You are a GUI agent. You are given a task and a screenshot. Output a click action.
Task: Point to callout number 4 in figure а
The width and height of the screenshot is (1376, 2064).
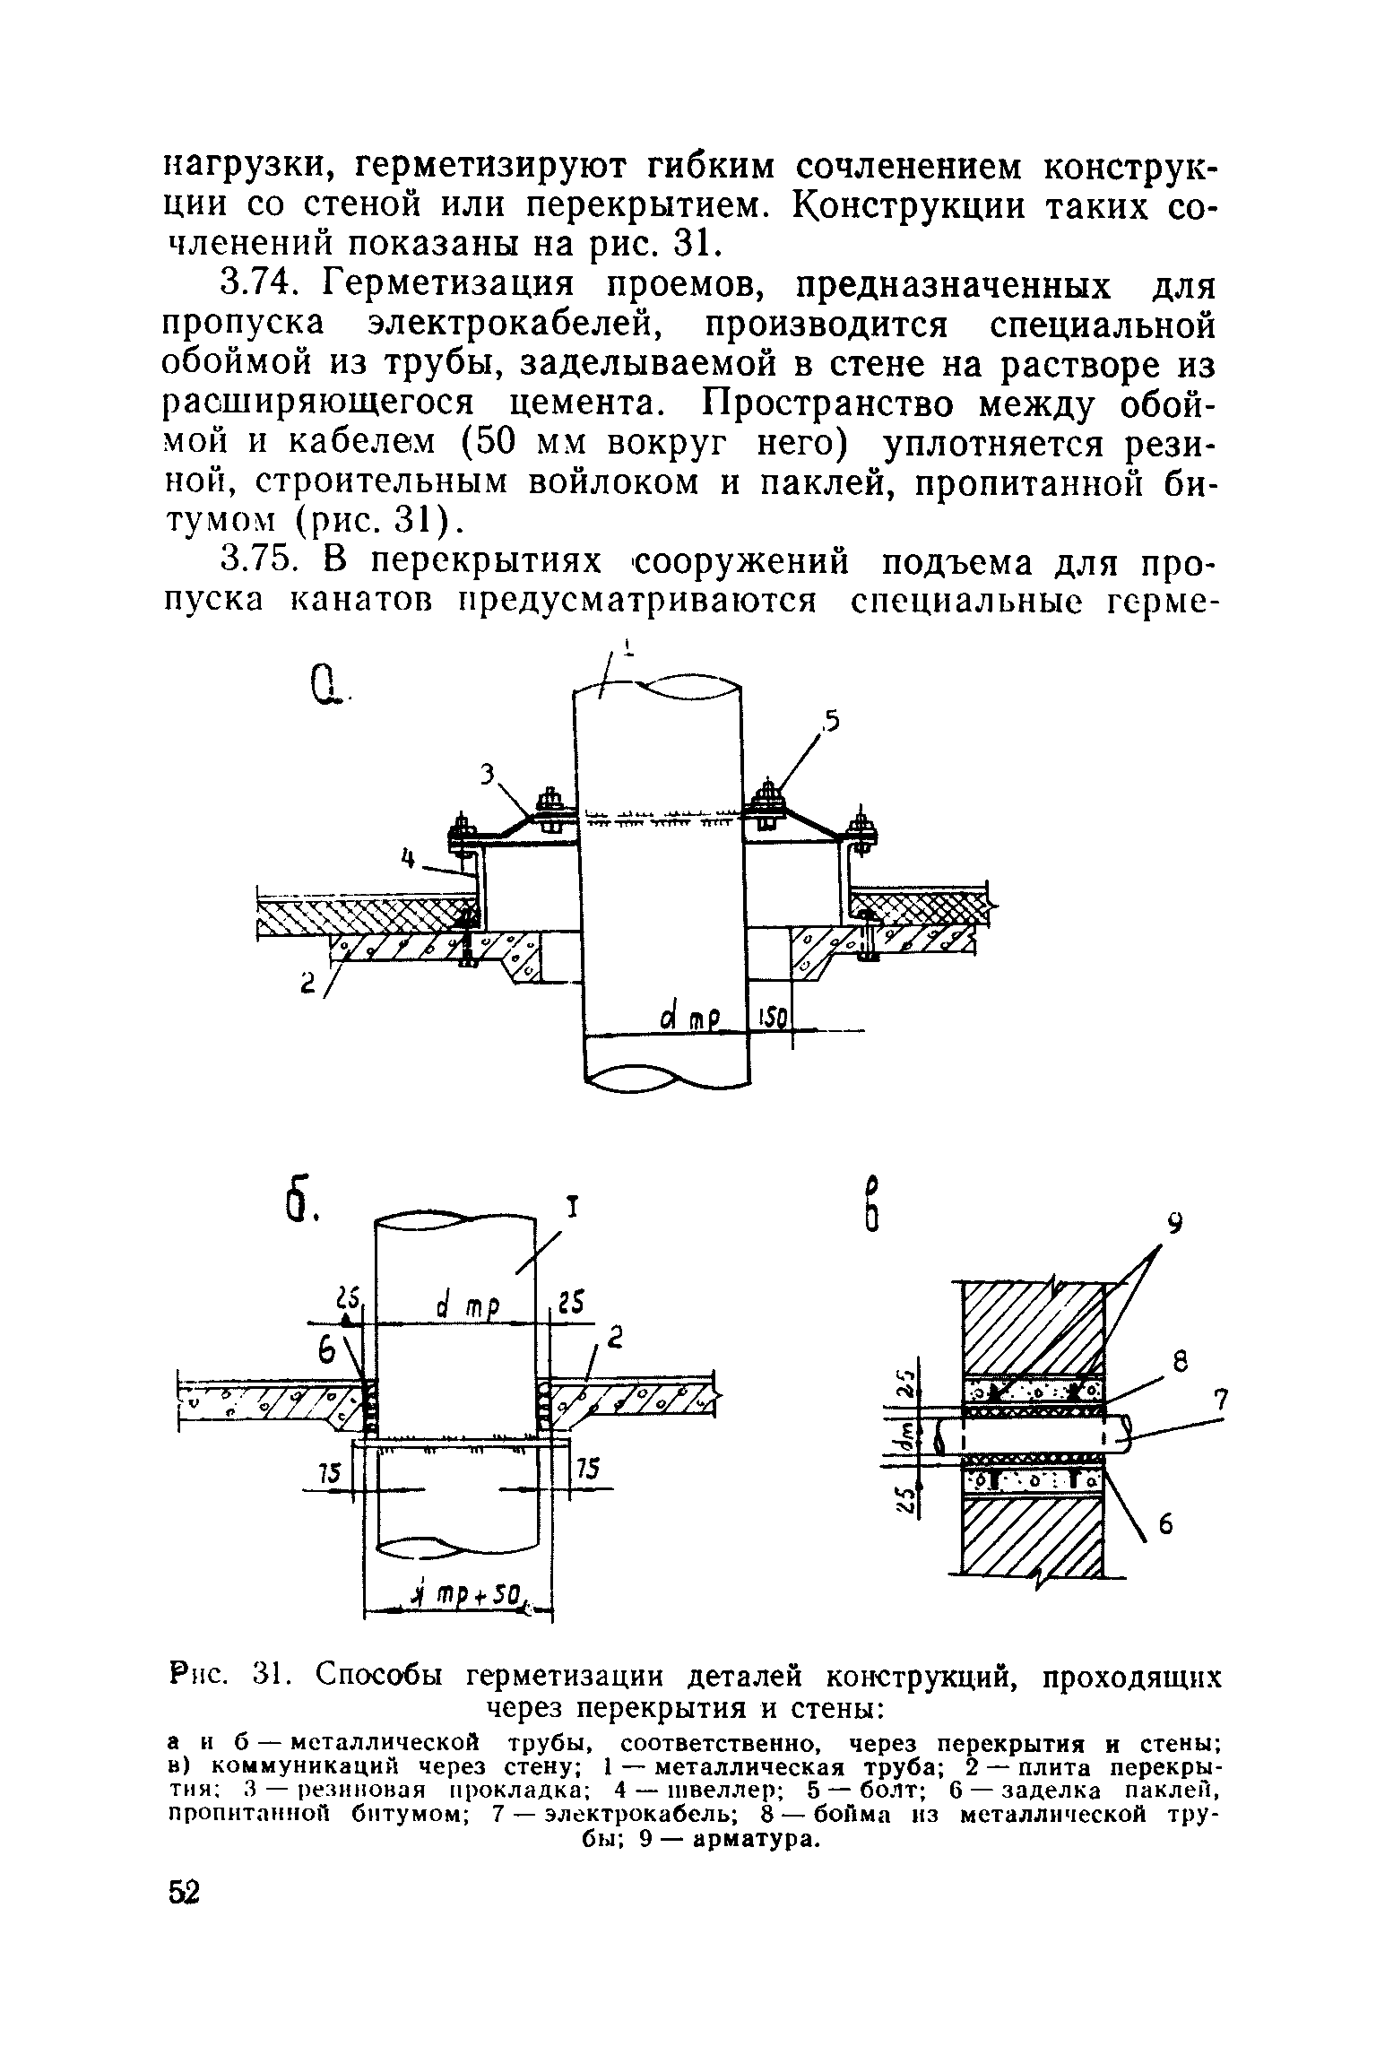point(409,860)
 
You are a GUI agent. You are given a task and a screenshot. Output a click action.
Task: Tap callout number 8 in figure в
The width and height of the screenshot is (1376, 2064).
point(1181,1363)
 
